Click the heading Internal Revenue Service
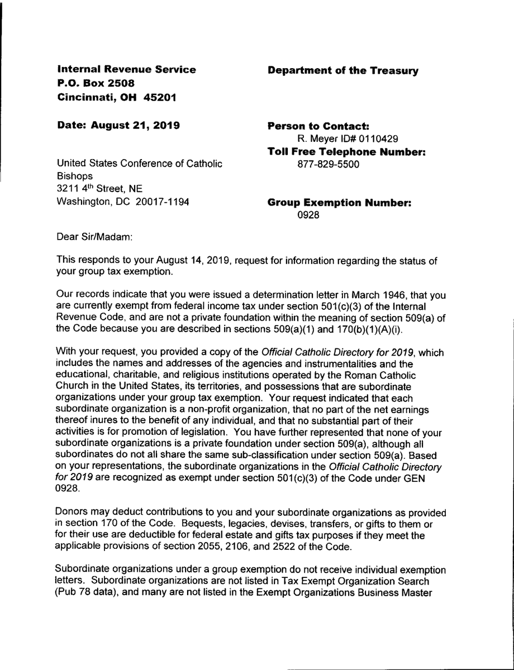(127, 70)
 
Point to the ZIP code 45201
(160, 97)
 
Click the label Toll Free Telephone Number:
(347, 151)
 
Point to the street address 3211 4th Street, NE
(100, 189)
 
